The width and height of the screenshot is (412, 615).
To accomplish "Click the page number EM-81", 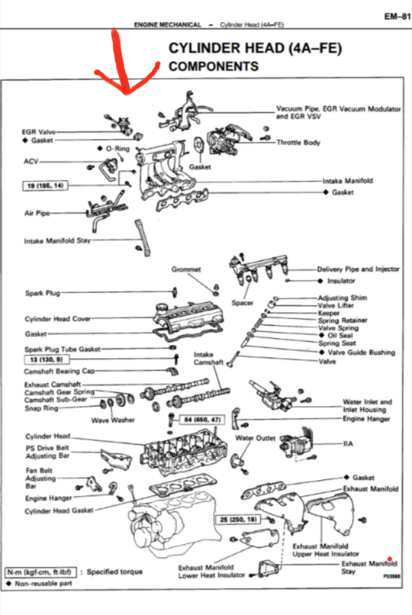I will pyautogui.click(x=396, y=17).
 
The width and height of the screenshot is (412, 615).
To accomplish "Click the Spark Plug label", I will pyautogui.click(x=42, y=293).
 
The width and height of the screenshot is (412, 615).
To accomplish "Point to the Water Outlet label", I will pyautogui.click(x=255, y=438).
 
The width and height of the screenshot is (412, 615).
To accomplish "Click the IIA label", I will pyautogui.click(x=349, y=444).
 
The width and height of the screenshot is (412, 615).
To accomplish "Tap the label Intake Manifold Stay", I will pyautogui.click(x=57, y=241).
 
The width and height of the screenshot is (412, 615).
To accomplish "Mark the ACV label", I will pyautogui.click(x=31, y=161).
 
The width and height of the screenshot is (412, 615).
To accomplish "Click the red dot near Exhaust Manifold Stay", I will pyautogui.click(x=390, y=558).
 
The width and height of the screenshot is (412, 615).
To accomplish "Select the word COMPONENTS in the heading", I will pyautogui.click(x=214, y=67).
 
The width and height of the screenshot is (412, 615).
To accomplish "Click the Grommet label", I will pyautogui.click(x=186, y=269).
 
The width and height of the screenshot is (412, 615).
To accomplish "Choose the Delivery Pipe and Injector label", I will pyautogui.click(x=358, y=269).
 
